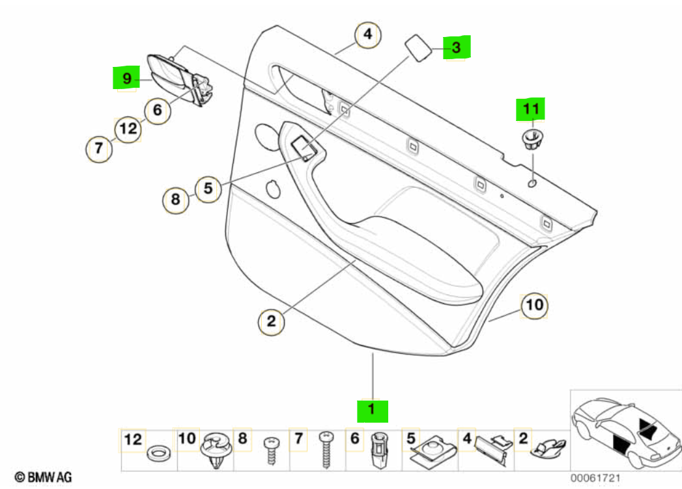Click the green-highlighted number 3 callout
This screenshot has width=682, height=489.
pyautogui.click(x=457, y=47)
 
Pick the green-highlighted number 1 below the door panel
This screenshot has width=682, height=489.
pyautogui.click(x=372, y=410)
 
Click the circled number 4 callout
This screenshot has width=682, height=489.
pyautogui.click(x=367, y=34)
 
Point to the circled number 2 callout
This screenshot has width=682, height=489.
pyautogui.click(x=271, y=321)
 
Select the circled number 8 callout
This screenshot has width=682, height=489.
pyautogui.click(x=175, y=200)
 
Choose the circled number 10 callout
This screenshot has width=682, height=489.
pyautogui.click(x=533, y=304)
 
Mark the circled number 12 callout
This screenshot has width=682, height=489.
pyautogui.click(x=128, y=130)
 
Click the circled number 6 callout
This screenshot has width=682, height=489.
pyautogui.click(x=157, y=110)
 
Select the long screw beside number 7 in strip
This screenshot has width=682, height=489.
pyautogui.click(x=326, y=450)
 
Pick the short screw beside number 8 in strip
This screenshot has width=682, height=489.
pyautogui.click(x=270, y=450)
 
